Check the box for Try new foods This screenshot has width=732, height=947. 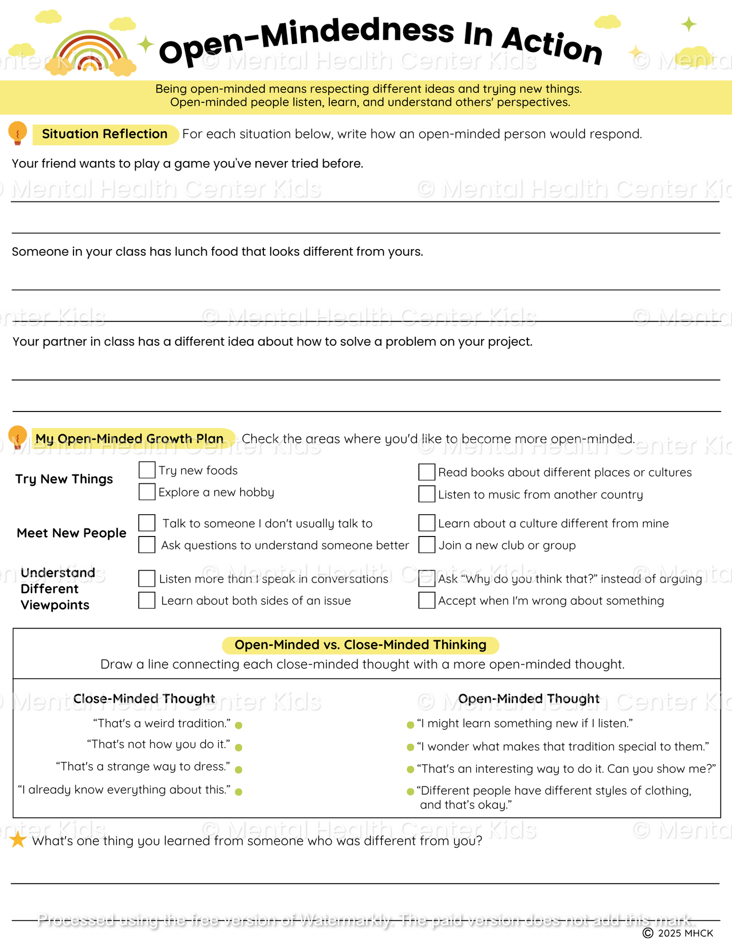click(147, 470)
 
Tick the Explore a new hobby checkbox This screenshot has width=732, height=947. click(147, 491)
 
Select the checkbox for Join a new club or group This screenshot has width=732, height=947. click(427, 545)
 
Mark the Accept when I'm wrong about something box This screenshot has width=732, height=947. click(427, 600)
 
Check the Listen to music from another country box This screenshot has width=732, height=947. click(427, 494)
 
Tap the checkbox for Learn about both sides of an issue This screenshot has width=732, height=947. click(147, 600)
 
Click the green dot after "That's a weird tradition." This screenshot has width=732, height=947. click(239, 725)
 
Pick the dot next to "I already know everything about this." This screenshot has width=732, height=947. click(239, 792)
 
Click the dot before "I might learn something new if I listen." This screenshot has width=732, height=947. click(410, 725)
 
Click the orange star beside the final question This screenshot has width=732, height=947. click(18, 840)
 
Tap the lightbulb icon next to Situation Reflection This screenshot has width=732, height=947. click(18, 133)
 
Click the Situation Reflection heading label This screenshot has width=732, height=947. click(105, 134)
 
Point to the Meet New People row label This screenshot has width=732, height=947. click(71, 533)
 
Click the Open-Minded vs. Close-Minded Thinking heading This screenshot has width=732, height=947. click(360, 645)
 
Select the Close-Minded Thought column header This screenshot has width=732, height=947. click(144, 698)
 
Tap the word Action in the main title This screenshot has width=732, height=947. click(552, 46)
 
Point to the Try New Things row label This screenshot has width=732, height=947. click(64, 479)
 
